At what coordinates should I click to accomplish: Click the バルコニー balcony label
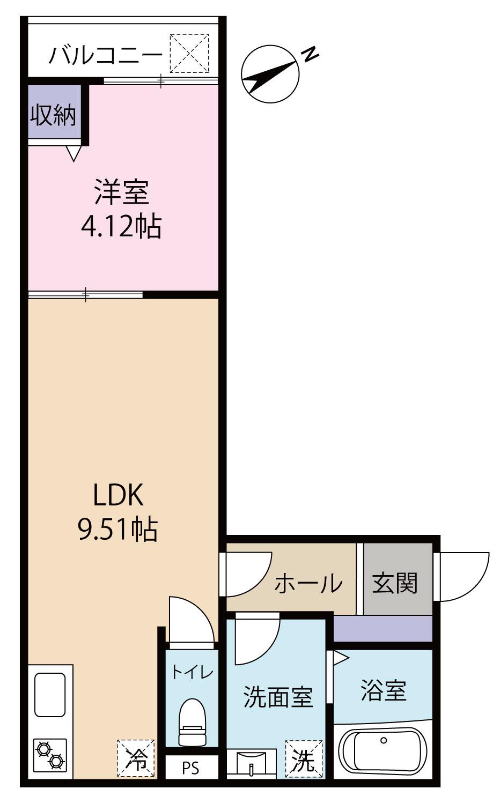[x=106, y=56]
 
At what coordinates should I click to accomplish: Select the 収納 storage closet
[x=53, y=114]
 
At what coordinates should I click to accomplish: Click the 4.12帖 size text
[x=121, y=227]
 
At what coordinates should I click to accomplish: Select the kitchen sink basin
[x=50, y=695]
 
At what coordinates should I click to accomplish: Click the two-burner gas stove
[x=50, y=755]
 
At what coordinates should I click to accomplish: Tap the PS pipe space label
[x=190, y=768]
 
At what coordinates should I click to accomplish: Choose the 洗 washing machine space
[x=304, y=758]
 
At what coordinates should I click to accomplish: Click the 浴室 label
[x=383, y=690]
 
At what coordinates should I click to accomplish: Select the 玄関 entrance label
[x=395, y=583]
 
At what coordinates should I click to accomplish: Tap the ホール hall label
[x=308, y=583]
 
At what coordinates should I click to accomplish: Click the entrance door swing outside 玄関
[x=462, y=576]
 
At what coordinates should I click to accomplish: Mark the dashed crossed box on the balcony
[x=189, y=53]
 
